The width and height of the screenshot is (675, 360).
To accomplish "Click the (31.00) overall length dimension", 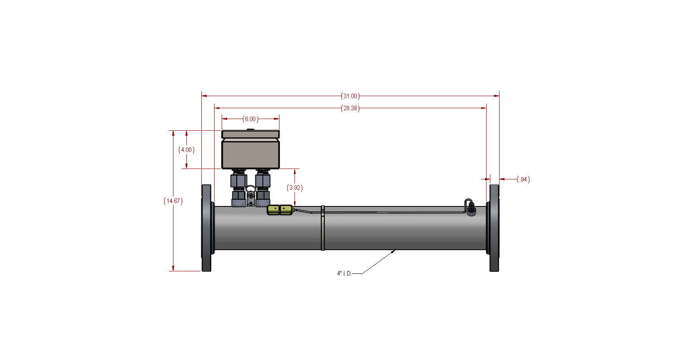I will pos(350,96).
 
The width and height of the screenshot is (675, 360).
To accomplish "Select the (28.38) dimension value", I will pos(350,108).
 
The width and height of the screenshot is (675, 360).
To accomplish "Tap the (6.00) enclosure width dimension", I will pos(250,119).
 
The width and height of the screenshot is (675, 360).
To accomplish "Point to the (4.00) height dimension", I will pos(186,150).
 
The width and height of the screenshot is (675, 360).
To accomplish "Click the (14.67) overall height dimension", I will pos(173,201).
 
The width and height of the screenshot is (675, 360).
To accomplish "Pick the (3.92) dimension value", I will pos(295,188).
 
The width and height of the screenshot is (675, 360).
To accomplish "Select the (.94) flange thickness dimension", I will pos(523,179).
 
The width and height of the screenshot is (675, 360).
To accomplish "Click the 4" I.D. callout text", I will pos(344,273).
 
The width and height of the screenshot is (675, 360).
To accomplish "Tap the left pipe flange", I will pos(206,228).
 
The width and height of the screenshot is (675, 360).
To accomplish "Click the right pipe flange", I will pos(494,228).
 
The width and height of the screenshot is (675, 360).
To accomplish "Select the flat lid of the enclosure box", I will pos(250,134).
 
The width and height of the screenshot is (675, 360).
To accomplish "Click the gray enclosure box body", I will pos(250,154).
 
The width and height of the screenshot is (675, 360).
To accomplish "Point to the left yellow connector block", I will pos(274,209).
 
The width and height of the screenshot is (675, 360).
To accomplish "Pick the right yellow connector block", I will pos(286,209).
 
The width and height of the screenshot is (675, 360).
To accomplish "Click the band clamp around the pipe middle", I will pos(323,228).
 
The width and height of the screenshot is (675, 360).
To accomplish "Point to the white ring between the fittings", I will pos(251,190).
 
